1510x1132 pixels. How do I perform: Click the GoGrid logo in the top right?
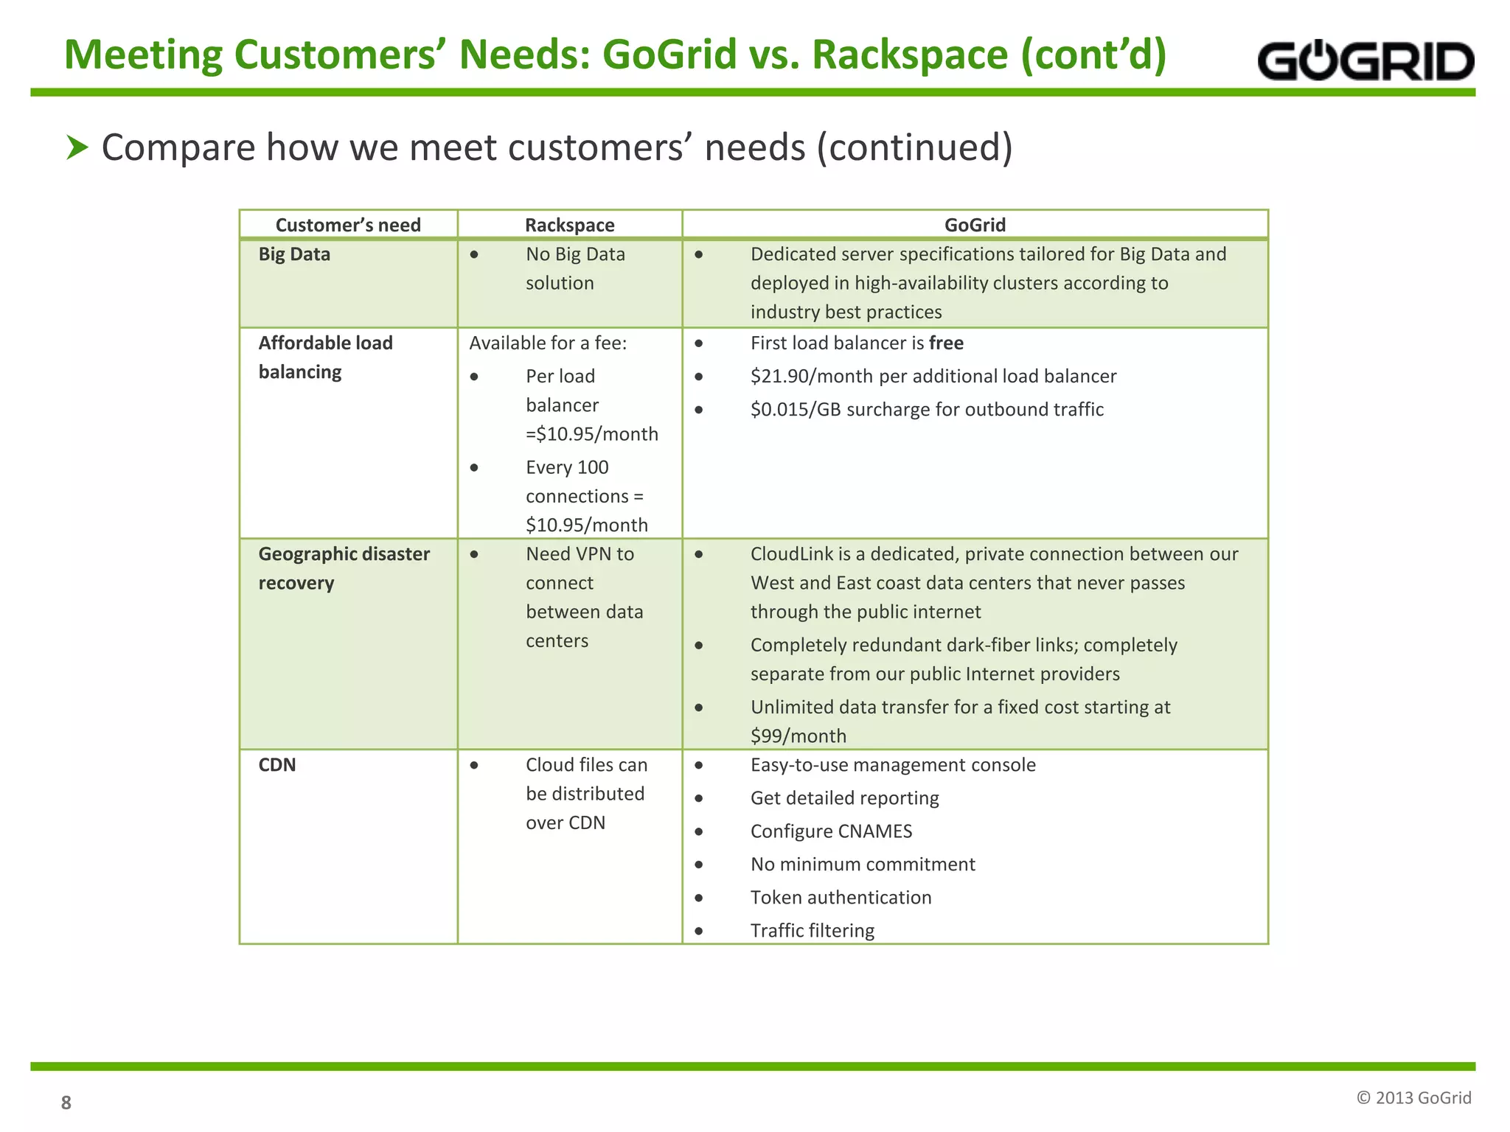tap(1365, 61)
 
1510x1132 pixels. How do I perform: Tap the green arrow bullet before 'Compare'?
tap(77, 147)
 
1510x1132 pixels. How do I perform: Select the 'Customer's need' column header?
tap(348, 225)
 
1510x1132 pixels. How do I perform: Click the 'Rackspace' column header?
tap(569, 225)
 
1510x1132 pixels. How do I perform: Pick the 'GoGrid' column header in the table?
tap(975, 225)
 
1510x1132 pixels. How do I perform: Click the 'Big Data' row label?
tap(294, 254)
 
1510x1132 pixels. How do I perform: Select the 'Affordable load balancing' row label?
tap(325, 357)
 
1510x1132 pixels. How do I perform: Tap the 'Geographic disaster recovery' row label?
tap(344, 568)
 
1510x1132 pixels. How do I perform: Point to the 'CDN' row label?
tap(277, 765)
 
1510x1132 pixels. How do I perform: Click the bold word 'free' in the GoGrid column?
tap(946, 343)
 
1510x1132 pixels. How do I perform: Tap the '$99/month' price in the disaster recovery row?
tap(798, 736)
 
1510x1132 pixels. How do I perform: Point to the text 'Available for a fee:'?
tap(548, 343)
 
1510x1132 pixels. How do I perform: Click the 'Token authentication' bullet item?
tap(841, 898)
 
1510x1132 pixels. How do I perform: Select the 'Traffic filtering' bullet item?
tap(812, 931)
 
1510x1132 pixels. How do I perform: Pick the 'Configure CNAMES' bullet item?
tap(831, 831)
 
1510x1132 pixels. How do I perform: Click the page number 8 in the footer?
tap(66, 1103)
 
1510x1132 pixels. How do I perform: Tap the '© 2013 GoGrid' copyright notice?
tap(1413, 1098)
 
